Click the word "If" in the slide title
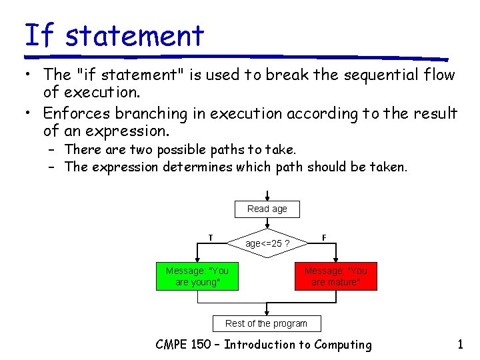38,35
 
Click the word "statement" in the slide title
135,35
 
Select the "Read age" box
267,209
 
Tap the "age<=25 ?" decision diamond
267,243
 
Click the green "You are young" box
197,277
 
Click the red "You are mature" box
336,277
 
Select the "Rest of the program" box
267,323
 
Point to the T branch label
211,237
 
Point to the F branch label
324,237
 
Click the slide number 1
460,345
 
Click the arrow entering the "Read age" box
267,195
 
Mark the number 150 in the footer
205,345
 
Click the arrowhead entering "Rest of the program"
267,312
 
